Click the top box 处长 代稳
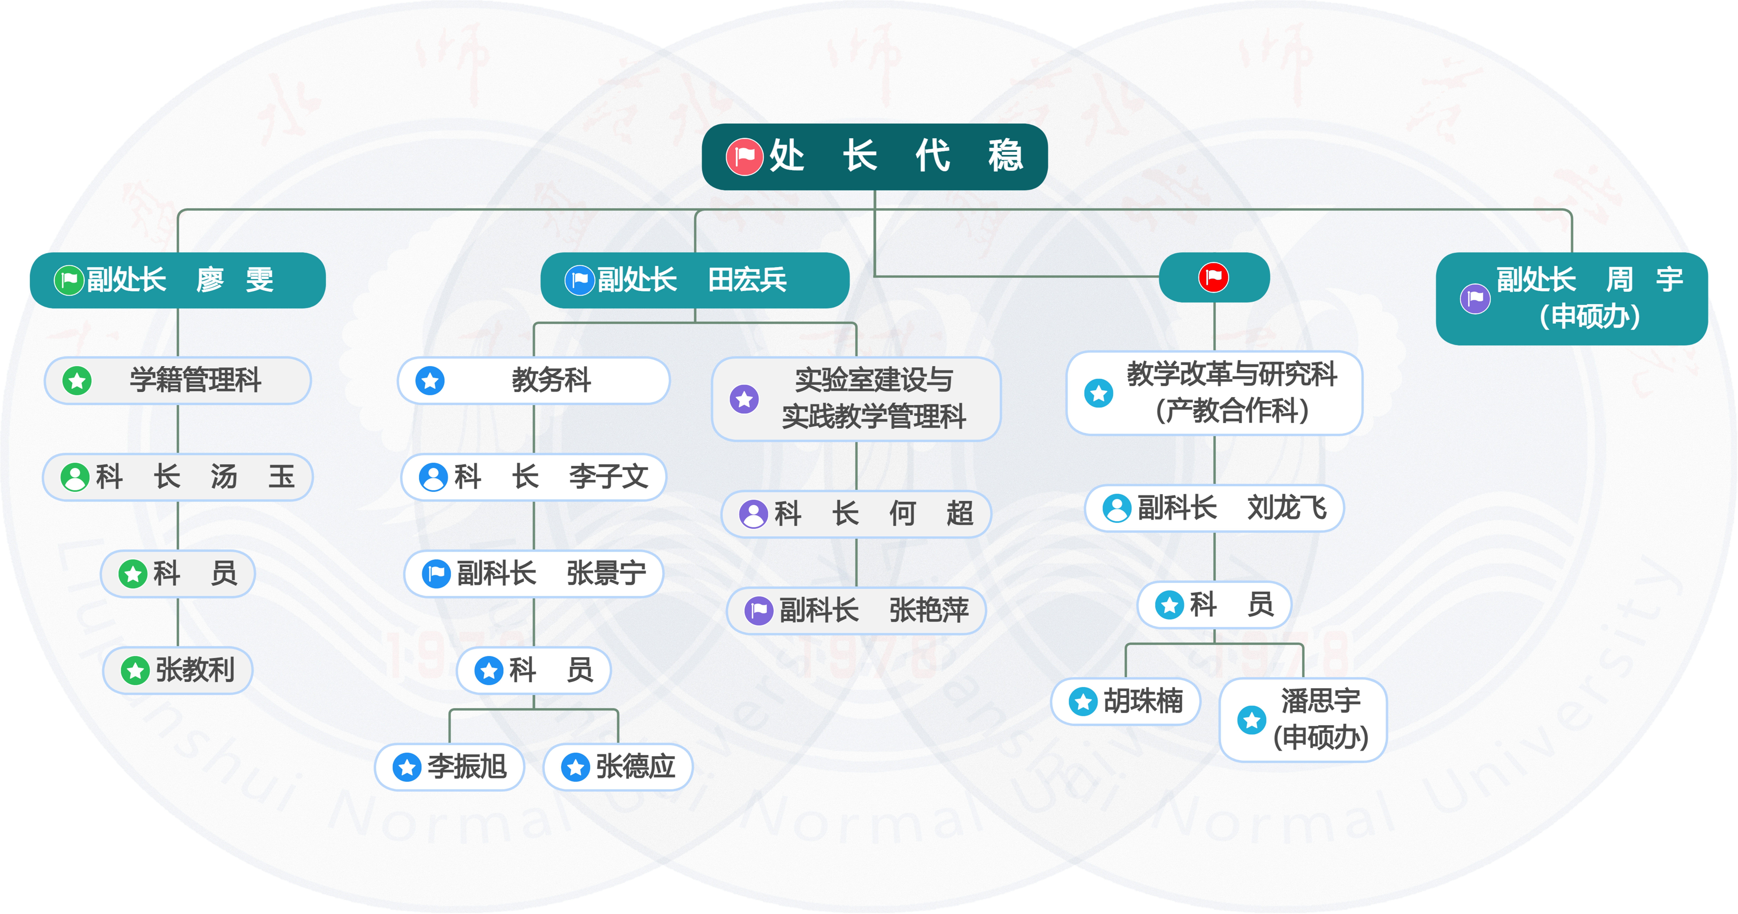coord(874,157)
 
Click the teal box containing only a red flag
coord(1214,277)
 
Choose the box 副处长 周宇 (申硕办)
coord(1571,298)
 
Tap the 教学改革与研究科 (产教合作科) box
coord(1214,393)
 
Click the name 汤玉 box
coord(177,477)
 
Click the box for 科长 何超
coord(855,513)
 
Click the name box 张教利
coord(177,670)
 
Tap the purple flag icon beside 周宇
coord(1475,298)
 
